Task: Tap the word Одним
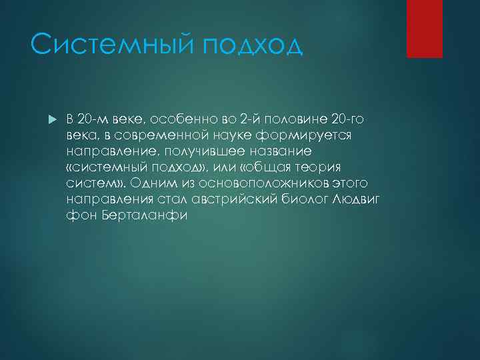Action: [x=150, y=183]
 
